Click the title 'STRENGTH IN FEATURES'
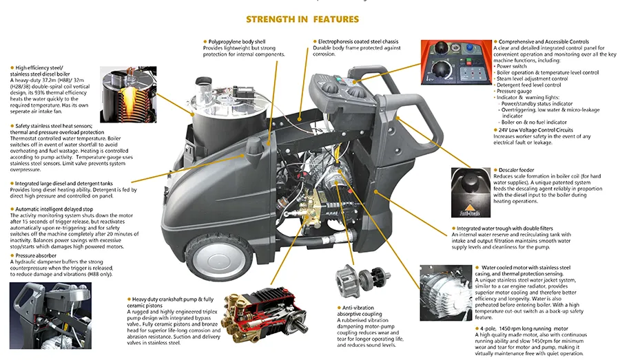302,19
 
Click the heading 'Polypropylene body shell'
238,42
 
